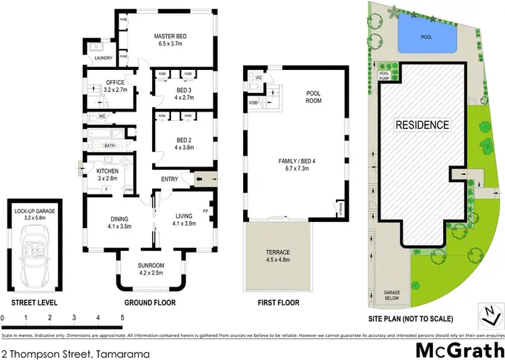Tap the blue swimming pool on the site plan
point(425,35)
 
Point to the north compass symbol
point(491,314)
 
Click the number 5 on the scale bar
point(122,317)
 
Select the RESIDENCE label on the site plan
point(422,124)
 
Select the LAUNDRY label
point(103,58)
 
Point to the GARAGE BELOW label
point(392,294)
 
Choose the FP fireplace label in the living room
point(205,211)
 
